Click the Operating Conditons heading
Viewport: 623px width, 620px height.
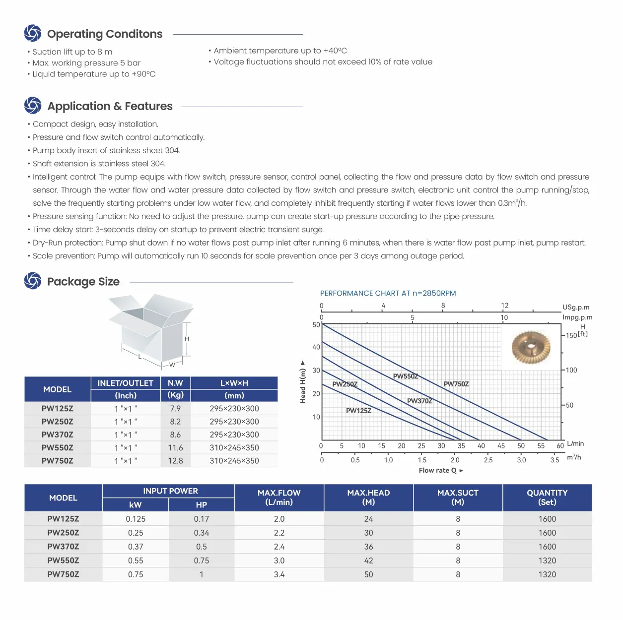pyautogui.click(x=105, y=34)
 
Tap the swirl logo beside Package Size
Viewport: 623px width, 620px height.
pyautogui.click(x=33, y=281)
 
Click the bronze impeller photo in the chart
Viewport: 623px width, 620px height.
pyautogui.click(x=531, y=347)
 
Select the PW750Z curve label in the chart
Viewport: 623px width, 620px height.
pyautogui.click(x=456, y=384)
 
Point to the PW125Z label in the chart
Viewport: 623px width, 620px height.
pyautogui.click(x=358, y=411)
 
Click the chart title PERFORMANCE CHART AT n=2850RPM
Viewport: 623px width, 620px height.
pyautogui.click(x=388, y=293)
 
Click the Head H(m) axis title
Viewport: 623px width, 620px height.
pyautogui.click(x=303, y=381)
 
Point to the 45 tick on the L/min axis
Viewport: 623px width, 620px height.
pyautogui.click(x=501, y=446)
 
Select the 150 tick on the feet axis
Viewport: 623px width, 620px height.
pyautogui.click(x=571, y=335)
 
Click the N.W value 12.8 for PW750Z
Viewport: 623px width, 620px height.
pyautogui.click(x=175, y=461)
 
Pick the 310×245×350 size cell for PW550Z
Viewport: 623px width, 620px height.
pyautogui.click(x=234, y=447)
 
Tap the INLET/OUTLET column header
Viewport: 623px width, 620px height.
pyautogui.click(x=126, y=383)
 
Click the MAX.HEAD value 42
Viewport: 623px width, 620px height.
pyautogui.click(x=368, y=560)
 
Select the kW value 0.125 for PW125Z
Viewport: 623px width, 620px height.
pyautogui.click(x=136, y=519)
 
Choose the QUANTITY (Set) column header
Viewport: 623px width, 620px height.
pyautogui.click(x=547, y=497)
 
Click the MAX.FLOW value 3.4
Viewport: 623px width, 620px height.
pyautogui.click(x=279, y=574)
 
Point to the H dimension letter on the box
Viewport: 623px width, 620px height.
pyautogui.click(x=187, y=339)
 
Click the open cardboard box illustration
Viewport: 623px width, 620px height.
pyautogui.click(x=151, y=327)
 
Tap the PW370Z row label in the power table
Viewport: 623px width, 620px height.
pyautogui.click(x=63, y=547)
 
